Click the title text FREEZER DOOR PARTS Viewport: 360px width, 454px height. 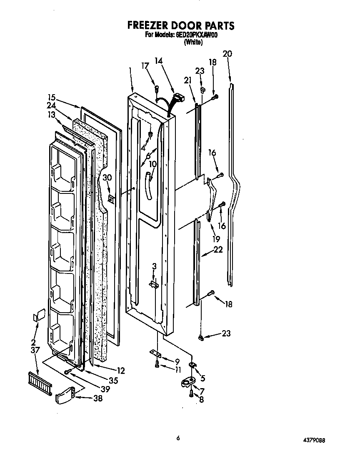tap(181, 26)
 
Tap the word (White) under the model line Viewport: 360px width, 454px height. tap(193, 42)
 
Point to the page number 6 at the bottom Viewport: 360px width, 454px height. tap(178, 438)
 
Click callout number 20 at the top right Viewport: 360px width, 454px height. tap(227, 54)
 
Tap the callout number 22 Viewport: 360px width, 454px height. tap(217, 250)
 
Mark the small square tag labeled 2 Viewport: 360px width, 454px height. tap(40, 315)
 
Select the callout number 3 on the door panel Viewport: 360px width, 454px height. tap(154, 266)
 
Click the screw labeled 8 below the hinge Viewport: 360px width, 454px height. tap(191, 393)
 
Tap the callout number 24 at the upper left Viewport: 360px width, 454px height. tap(51, 105)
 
